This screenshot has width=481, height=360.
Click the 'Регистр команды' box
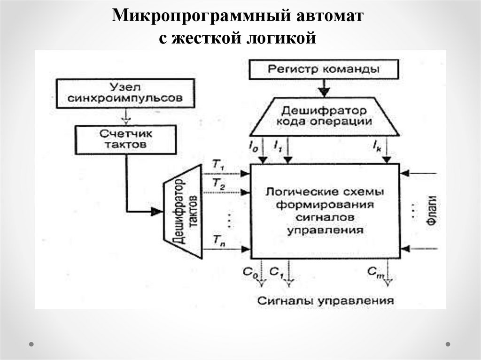(324, 69)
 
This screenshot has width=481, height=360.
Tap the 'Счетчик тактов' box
(126, 139)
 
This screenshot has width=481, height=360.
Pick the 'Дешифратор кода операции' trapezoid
(324, 116)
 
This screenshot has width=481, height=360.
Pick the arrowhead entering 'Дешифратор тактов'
(155, 212)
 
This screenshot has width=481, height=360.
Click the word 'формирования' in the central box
(325, 205)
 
